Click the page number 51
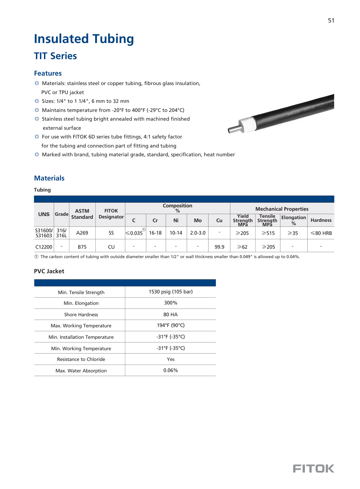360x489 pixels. pyautogui.click(x=331, y=21)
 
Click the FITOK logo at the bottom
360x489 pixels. pyautogui.click(x=313, y=468)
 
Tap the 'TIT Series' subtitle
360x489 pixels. pyautogui.click(x=55, y=56)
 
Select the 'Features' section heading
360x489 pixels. pyautogui.click(x=48, y=73)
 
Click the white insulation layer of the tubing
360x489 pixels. pyautogui.click(x=247, y=123)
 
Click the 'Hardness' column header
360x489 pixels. pyautogui.click(x=321, y=220)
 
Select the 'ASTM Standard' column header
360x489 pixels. pyautogui.click(x=82, y=214)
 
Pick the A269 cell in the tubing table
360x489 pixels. pyautogui.click(x=82, y=233)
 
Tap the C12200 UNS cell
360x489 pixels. pyautogui.click(x=44, y=247)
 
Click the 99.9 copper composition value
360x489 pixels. pyautogui.click(x=219, y=247)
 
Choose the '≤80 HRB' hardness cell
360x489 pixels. pyautogui.click(x=321, y=233)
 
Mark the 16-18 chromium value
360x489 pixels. pyautogui.click(x=155, y=233)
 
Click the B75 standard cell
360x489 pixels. pyautogui.click(x=82, y=247)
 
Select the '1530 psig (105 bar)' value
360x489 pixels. pyautogui.click(x=171, y=292)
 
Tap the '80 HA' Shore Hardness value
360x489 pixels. pyautogui.click(x=171, y=315)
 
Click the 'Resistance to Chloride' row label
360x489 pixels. pyautogui.click(x=81, y=359)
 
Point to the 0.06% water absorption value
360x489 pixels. pyautogui.click(x=171, y=370)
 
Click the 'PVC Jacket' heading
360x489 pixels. pyautogui.click(x=49, y=271)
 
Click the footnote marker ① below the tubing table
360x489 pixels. pyautogui.click(x=36, y=257)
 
